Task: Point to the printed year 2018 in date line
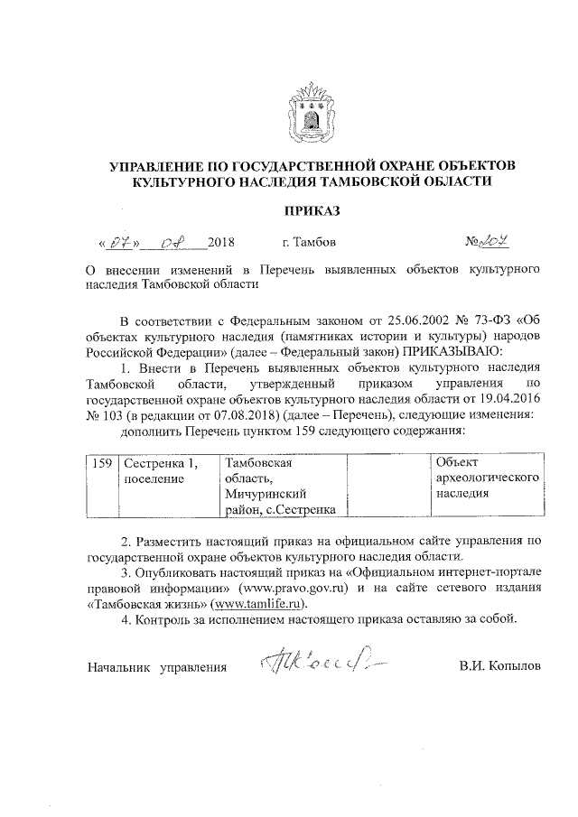pos(220,243)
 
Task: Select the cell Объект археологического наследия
pos(487,478)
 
